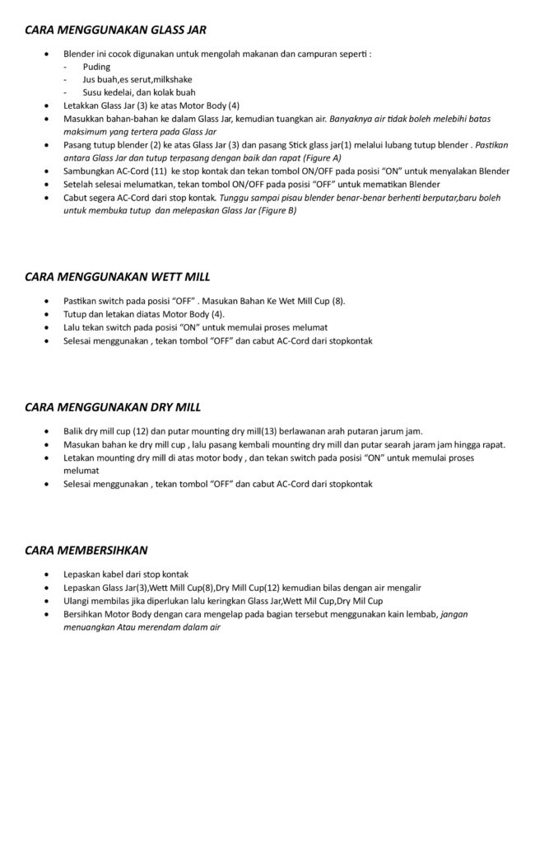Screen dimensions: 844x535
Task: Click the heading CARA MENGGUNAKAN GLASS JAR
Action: coord(115,30)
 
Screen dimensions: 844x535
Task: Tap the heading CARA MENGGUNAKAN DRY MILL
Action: coord(113,407)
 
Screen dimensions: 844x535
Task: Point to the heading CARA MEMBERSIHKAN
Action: coord(86,549)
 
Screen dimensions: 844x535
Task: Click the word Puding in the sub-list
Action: coord(96,67)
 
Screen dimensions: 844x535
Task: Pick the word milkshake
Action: coord(171,80)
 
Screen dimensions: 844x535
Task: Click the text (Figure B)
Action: coord(277,210)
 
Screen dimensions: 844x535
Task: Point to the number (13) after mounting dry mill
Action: coord(268,431)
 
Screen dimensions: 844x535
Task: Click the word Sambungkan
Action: coord(87,171)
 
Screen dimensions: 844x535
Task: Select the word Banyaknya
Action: coord(351,119)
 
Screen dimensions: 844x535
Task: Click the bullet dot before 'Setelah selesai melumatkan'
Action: coord(45,185)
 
